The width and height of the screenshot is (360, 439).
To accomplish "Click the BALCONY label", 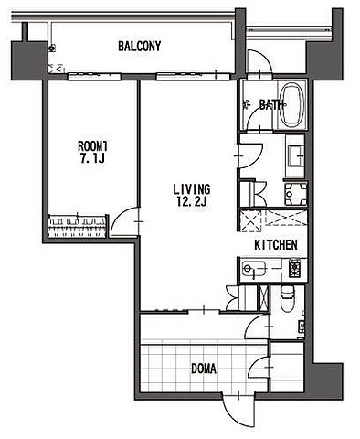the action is tap(139, 47).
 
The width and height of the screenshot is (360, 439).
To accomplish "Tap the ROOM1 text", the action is tap(93, 146).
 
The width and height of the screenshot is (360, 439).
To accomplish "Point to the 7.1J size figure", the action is tap(92, 158).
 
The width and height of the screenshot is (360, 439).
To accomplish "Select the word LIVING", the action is tap(192, 189).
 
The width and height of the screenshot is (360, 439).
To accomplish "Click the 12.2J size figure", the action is tap(192, 201).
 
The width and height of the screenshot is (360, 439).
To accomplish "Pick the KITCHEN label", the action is tap(276, 245).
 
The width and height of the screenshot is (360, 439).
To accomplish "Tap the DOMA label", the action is tap(204, 369).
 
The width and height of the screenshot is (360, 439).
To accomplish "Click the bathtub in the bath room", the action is tap(291, 105).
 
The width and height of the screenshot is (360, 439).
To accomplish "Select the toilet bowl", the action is tap(287, 299).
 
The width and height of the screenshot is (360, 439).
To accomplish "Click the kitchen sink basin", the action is tap(254, 269).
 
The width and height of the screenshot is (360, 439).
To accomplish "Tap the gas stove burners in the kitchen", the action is tap(295, 268).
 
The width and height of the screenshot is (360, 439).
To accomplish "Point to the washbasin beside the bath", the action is tap(295, 155).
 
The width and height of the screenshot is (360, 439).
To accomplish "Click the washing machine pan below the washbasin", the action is tap(295, 194).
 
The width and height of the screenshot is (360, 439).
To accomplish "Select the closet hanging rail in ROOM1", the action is tap(78, 227).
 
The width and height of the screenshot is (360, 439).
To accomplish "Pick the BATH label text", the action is tap(271, 105).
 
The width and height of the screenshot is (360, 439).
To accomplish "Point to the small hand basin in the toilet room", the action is tap(302, 327).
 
